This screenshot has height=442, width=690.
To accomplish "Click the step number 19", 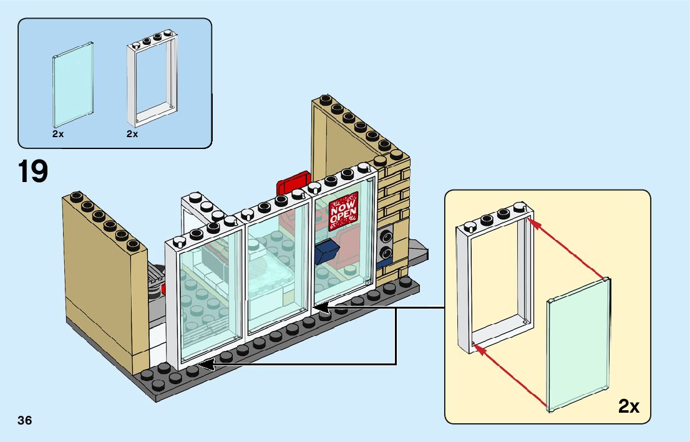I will click(x=33, y=171).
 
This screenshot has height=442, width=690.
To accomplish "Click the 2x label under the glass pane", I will click(x=58, y=134).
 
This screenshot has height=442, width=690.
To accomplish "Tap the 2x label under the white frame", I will click(x=132, y=134).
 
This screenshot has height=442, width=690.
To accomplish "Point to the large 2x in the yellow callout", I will click(x=629, y=407).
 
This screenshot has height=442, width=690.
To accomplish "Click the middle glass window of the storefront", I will click(x=278, y=268).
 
